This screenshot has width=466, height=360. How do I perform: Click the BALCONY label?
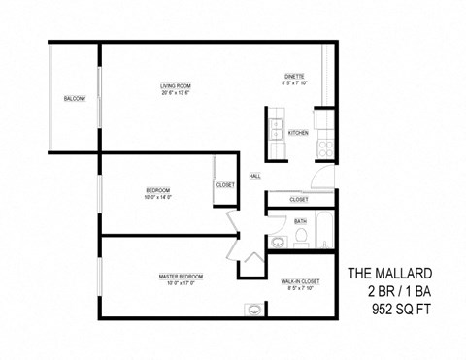(x=75, y=99)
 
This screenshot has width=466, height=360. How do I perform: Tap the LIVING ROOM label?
(x=177, y=87)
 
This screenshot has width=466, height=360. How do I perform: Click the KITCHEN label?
(x=298, y=133)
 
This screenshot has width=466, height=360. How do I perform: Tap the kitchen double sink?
(x=275, y=131)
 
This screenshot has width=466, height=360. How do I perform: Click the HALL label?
(x=254, y=176)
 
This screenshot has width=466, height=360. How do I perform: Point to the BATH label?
(x=300, y=220)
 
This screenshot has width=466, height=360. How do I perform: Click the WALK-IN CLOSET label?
(x=301, y=280)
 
